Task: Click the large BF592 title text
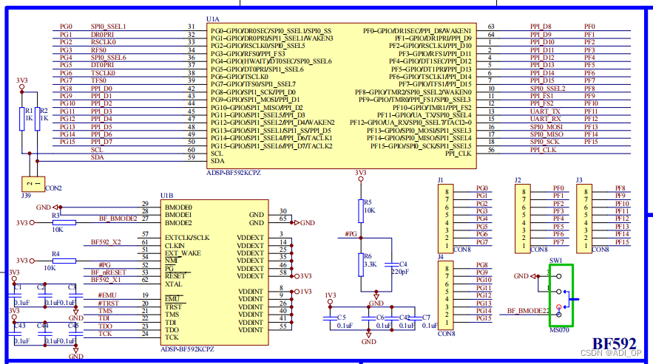(x=614, y=344)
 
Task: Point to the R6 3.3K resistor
(x=360, y=262)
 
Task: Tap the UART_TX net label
(x=545, y=111)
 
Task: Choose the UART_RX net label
(x=545, y=119)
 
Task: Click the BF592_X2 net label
(x=106, y=241)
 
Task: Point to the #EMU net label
(x=107, y=295)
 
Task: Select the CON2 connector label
(x=54, y=188)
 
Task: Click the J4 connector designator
(x=441, y=257)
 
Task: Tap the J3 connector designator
(x=579, y=179)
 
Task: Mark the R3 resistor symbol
(x=64, y=222)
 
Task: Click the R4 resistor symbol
(x=64, y=261)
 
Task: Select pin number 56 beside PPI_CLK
(x=491, y=150)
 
